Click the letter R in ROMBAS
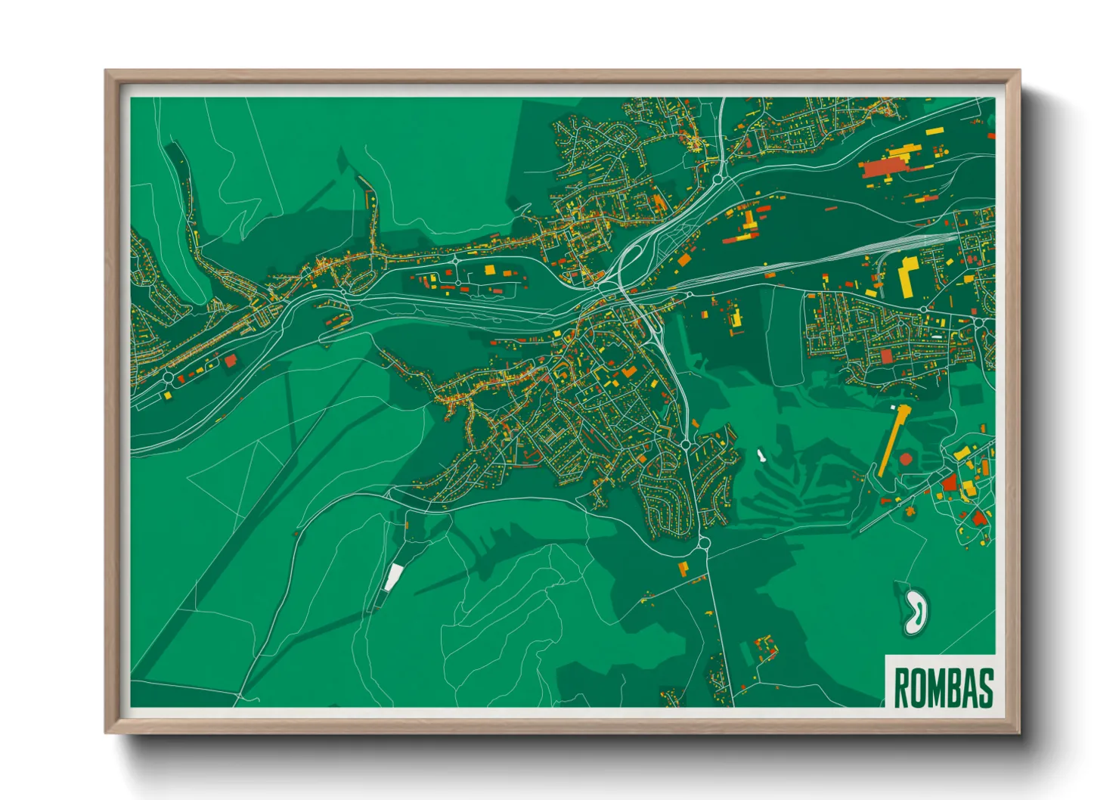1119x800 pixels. click(x=900, y=687)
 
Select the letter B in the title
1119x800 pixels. click(x=952, y=687)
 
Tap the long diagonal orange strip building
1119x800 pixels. click(x=891, y=442)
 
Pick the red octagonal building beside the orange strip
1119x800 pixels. click(x=905, y=459)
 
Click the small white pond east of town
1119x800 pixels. click(x=761, y=456)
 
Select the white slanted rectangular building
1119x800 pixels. click(x=391, y=578)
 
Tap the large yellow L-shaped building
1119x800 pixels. click(x=907, y=277)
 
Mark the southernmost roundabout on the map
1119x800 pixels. click(x=702, y=541)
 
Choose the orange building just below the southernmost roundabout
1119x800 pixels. click(x=683, y=568)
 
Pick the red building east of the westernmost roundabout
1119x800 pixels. click(x=230, y=361)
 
